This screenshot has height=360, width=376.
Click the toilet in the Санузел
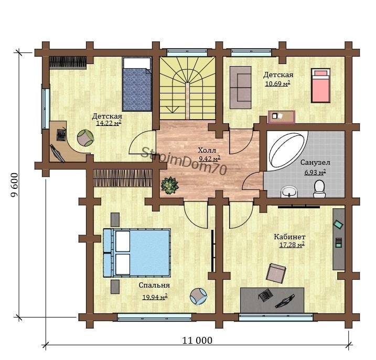pos(319,189)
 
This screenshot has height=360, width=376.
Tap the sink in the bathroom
pos(289,192)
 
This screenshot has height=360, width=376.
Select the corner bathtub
pos(287,151)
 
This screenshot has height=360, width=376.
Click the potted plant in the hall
pos(170,185)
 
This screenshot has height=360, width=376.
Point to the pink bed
pos(320,86)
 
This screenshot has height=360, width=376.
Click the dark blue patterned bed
pos(137,84)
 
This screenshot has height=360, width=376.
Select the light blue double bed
pos(137,253)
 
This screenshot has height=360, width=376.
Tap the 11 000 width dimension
pos(197,340)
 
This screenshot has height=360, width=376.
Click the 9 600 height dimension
pos(15,185)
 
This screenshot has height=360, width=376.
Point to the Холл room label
pos(207,151)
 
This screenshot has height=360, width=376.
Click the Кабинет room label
pos(289,237)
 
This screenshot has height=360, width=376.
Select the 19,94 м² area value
pos(155,298)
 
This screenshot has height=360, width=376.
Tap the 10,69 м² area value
pos(278,84)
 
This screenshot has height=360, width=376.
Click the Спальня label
pos(154,285)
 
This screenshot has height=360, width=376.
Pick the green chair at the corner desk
pos(85,137)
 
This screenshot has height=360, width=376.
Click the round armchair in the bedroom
pos(198,297)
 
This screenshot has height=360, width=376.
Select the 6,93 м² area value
pos(315,172)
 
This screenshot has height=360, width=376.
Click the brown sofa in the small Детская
pos(241,88)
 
